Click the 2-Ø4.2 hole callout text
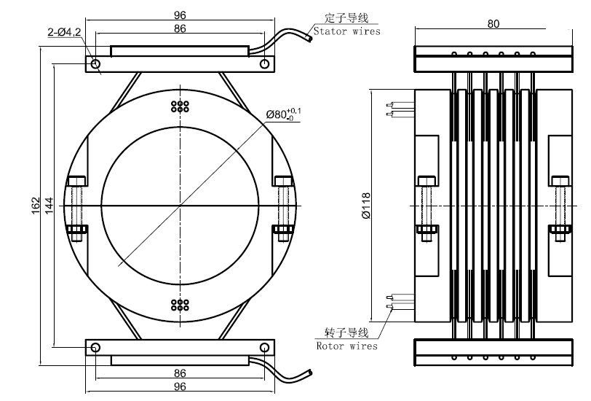[63, 31]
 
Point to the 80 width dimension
[493, 23]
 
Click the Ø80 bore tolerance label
[284, 113]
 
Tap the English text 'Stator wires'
[346, 31]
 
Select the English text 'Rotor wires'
[347, 346]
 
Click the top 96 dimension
[180, 15]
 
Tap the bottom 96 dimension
[180, 386]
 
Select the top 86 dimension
[180, 28]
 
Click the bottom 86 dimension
[180, 373]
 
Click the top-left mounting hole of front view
[96, 64]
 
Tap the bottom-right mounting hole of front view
[263, 348]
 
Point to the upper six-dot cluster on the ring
[180, 106]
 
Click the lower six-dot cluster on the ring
[180, 305]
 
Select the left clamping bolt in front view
[76, 206]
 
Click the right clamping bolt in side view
[560, 206]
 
